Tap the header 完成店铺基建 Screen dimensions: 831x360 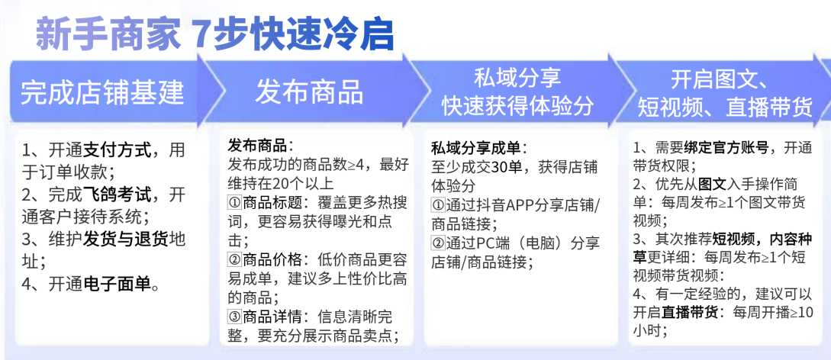(x=102, y=93)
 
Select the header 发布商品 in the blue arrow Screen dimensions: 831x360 (x=309, y=92)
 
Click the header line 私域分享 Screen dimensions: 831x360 (x=517, y=79)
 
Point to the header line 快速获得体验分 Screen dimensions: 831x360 (x=518, y=107)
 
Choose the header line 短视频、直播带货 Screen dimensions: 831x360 (x=724, y=108)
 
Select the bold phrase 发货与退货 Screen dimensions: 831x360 (x=126, y=240)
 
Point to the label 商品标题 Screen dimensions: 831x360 (x=272, y=203)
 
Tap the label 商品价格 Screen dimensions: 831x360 (x=272, y=260)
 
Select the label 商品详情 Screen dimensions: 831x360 (x=272, y=317)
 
